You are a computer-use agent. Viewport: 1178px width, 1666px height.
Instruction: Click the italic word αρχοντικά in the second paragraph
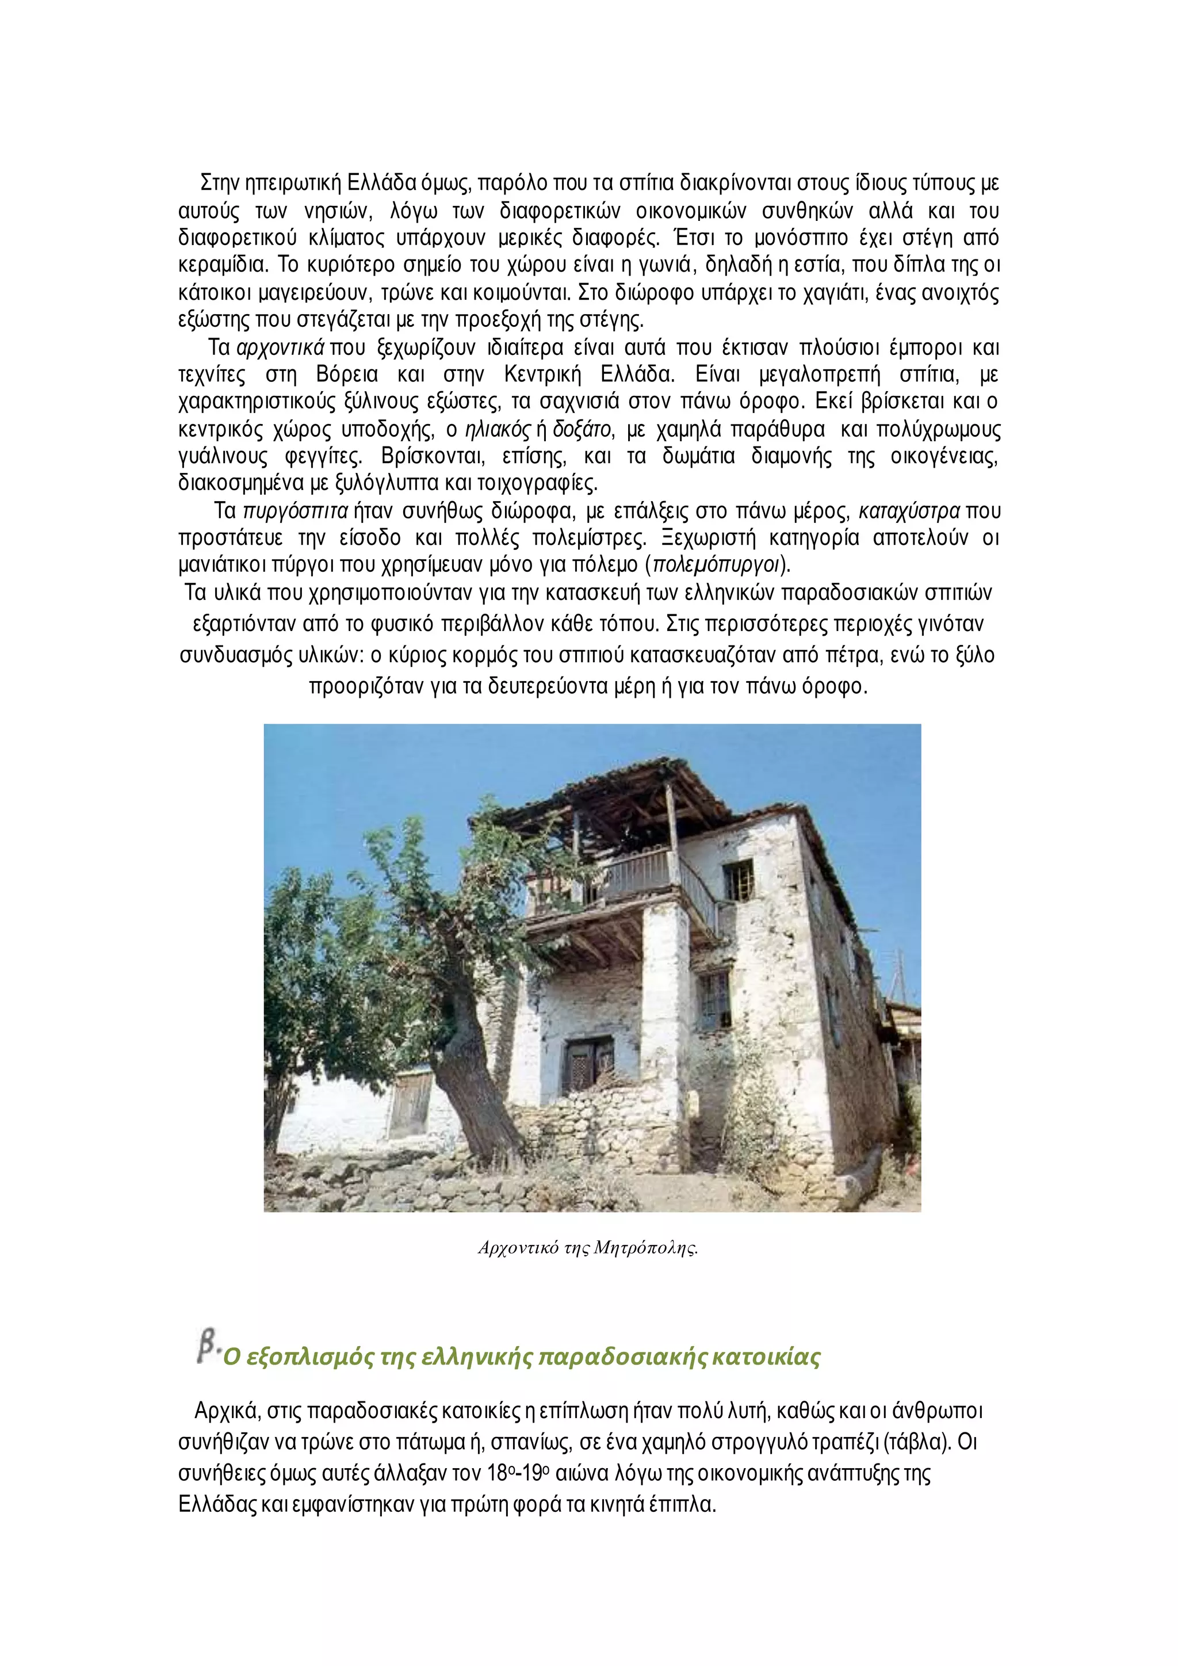coord(280,348)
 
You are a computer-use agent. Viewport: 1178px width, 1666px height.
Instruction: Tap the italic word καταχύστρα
coord(909,511)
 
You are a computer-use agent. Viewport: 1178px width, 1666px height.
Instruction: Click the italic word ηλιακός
coord(498,430)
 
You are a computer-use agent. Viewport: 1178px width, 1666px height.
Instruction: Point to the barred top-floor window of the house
coord(739,880)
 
